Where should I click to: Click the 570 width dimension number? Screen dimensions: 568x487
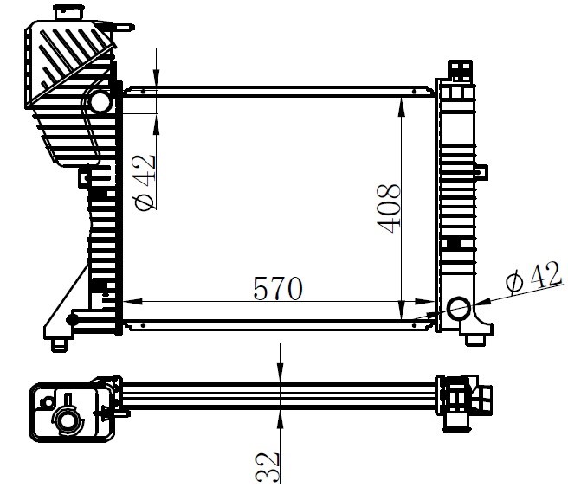(x=277, y=288)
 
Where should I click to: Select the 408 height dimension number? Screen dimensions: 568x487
(x=388, y=208)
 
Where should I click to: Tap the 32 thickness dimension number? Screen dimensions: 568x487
(x=268, y=467)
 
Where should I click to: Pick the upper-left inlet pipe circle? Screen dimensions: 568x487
(x=100, y=102)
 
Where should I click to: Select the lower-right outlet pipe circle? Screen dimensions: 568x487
(x=459, y=308)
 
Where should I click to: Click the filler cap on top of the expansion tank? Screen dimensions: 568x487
(x=69, y=12)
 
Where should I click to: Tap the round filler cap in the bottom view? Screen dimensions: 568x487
(x=67, y=420)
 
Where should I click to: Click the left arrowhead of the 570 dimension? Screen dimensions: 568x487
(x=132, y=301)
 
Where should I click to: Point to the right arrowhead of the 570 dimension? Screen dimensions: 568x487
(x=425, y=301)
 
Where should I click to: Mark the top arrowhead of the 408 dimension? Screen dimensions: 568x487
(x=401, y=106)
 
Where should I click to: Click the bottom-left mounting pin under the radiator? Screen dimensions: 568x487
(x=59, y=345)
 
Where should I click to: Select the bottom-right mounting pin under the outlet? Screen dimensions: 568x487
(x=474, y=340)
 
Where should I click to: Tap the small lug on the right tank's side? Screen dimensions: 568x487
(x=481, y=170)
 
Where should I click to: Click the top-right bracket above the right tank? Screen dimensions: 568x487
(x=461, y=71)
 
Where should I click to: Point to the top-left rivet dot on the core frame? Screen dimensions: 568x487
(x=144, y=92)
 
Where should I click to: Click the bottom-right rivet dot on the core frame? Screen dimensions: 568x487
(x=415, y=325)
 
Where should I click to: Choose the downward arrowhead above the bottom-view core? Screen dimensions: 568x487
(x=280, y=372)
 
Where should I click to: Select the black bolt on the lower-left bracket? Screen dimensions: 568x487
(x=72, y=319)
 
